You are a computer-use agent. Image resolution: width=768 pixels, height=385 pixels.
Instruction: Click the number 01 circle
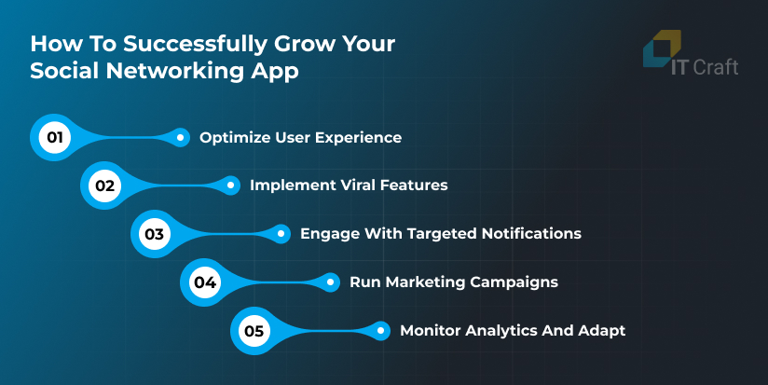point(55,138)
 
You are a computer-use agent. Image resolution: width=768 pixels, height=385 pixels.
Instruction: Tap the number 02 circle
point(104,186)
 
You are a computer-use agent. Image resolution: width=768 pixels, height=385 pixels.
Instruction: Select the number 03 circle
point(155,234)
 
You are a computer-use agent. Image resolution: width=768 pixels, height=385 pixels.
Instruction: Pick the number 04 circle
point(205,282)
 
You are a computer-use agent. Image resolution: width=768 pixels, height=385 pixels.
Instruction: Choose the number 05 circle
point(254,331)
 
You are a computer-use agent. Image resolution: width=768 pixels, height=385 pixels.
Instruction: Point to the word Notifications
point(531,234)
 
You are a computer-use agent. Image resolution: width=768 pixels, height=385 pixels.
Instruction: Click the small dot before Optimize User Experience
point(180,138)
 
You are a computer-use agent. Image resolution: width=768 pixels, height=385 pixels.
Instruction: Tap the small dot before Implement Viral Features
point(231,186)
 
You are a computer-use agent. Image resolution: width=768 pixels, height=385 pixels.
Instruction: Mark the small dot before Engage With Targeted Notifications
point(281,234)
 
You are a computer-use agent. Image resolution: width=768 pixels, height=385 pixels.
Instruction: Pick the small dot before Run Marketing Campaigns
point(331,282)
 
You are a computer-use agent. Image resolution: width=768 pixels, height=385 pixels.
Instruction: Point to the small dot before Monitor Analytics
point(380,331)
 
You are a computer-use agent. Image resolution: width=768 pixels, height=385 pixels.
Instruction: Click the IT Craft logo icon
point(662,48)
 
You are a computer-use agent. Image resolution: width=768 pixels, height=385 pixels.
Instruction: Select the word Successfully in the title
point(195,44)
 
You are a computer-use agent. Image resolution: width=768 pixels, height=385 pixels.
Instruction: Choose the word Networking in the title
point(175,71)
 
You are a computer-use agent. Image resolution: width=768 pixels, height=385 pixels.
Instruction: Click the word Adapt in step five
point(601,331)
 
